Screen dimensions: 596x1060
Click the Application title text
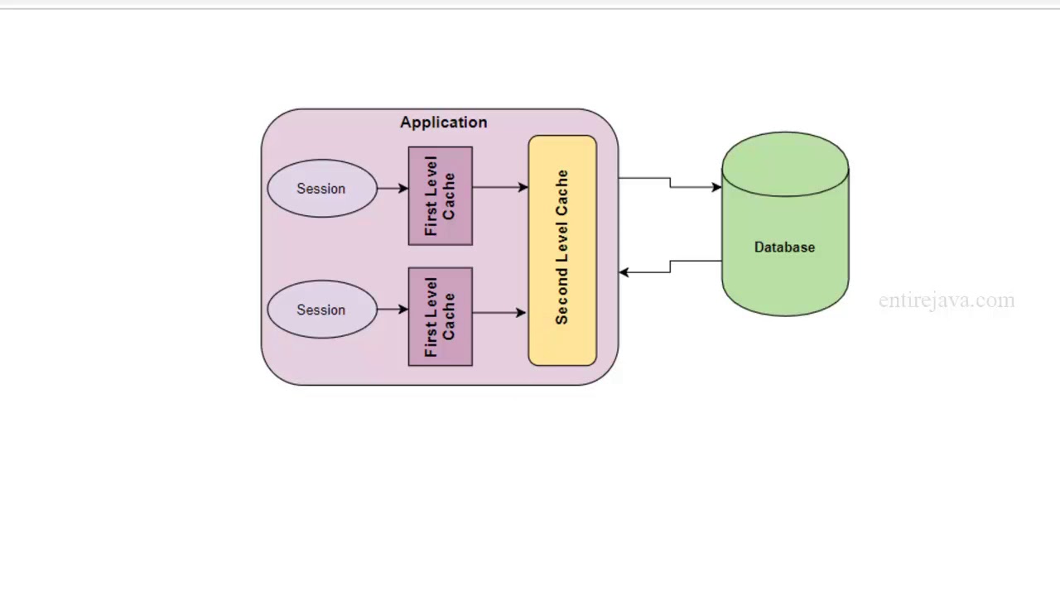[x=443, y=123]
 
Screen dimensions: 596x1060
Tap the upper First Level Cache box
[x=441, y=196]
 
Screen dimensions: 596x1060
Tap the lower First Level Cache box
[x=441, y=317]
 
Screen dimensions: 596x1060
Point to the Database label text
[x=784, y=248]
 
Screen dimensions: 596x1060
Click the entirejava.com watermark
[x=947, y=300]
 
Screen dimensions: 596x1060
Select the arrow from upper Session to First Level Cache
[x=393, y=189]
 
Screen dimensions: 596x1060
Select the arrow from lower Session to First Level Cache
[x=393, y=310]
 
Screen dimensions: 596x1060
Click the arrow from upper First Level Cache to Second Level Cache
[x=500, y=188]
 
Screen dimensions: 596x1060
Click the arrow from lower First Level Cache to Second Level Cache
[x=499, y=313]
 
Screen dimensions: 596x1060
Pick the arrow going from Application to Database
[x=670, y=182]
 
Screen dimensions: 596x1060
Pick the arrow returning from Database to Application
[x=670, y=267]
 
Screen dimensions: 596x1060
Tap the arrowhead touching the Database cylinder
[x=716, y=187]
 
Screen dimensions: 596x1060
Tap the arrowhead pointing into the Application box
[x=624, y=272]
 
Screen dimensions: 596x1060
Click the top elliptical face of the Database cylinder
[x=785, y=164]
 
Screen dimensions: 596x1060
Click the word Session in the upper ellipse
[x=321, y=189]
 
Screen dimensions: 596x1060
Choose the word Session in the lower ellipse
[x=321, y=310]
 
